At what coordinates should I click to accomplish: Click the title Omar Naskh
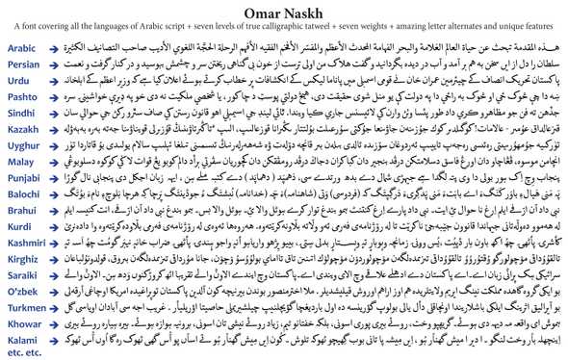(283, 12)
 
